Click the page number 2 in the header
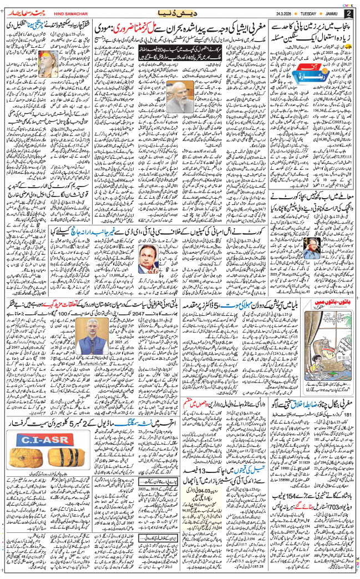tap(349, 13)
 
